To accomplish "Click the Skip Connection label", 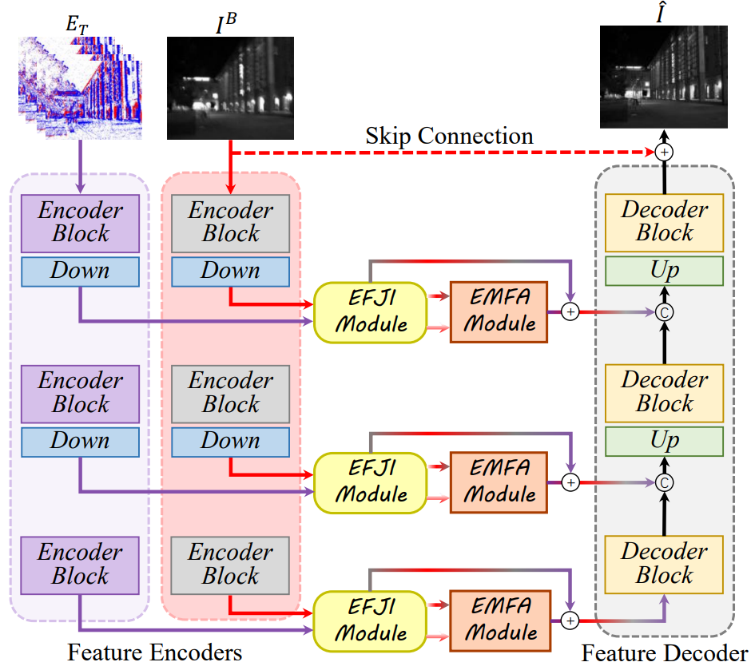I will (x=449, y=136).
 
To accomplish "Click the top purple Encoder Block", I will (x=80, y=222).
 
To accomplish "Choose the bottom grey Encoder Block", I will (x=230, y=564).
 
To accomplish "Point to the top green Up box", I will (x=664, y=271).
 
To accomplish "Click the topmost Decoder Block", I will (x=664, y=222).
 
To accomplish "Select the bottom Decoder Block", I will (x=664, y=564).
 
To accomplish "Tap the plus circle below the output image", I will (x=663, y=152).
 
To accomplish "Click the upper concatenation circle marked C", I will (x=663, y=312).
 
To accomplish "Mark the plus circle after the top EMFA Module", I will (x=570, y=312).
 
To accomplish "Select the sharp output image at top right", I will (x=664, y=77).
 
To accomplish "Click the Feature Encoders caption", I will (x=155, y=652).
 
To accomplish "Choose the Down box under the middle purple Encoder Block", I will (x=80, y=441).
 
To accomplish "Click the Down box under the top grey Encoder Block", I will (x=230, y=270).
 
